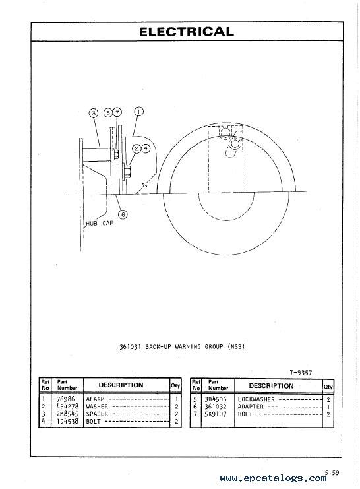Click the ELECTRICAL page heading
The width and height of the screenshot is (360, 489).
click(187, 32)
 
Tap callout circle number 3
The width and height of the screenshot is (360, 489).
click(94, 113)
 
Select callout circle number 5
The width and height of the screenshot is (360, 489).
click(108, 113)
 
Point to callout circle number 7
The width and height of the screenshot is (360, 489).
click(117, 112)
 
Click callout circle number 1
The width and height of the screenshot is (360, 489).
click(138, 112)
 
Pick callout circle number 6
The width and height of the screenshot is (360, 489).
click(123, 214)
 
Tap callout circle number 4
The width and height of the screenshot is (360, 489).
click(146, 148)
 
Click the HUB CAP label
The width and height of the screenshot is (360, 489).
click(100, 223)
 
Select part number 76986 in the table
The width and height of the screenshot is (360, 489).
click(65, 399)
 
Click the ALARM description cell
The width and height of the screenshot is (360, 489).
click(95, 399)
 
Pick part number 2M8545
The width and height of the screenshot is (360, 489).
click(67, 414)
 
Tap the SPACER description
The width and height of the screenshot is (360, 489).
click(97, 414)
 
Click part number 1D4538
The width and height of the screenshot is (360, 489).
click(67, 421)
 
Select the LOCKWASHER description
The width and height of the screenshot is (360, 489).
click(256, 399)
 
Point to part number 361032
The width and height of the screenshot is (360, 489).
click(216, 407)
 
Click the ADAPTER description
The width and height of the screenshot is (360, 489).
click(251, 407)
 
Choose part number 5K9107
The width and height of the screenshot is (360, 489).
click(216, 414)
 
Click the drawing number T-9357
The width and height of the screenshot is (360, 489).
click(301, 373)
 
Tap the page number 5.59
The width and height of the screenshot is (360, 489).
click(332, 473)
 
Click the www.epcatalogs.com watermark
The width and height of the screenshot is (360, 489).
click(273, 478)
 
